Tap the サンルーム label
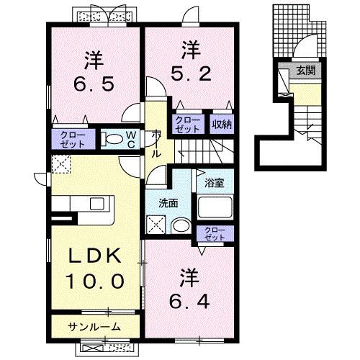click(x=94, y=326)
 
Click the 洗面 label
click(x=168, y=203)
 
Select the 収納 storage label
click(x=221, y=124)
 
